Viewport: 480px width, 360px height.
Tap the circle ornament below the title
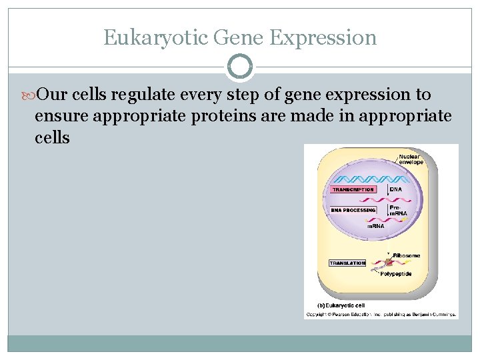tap(240, 67)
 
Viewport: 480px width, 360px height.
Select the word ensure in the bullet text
tap(61, 117)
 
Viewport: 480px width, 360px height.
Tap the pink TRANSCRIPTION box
tap(353, 189)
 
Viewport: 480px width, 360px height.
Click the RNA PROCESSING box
tap(353, 210)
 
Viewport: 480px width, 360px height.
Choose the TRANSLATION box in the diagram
tap(347, 263)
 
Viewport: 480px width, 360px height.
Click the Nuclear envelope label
tap(411, 159)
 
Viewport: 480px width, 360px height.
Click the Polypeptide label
tap(397, 274)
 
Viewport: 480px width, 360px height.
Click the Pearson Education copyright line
tap(381, 313)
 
